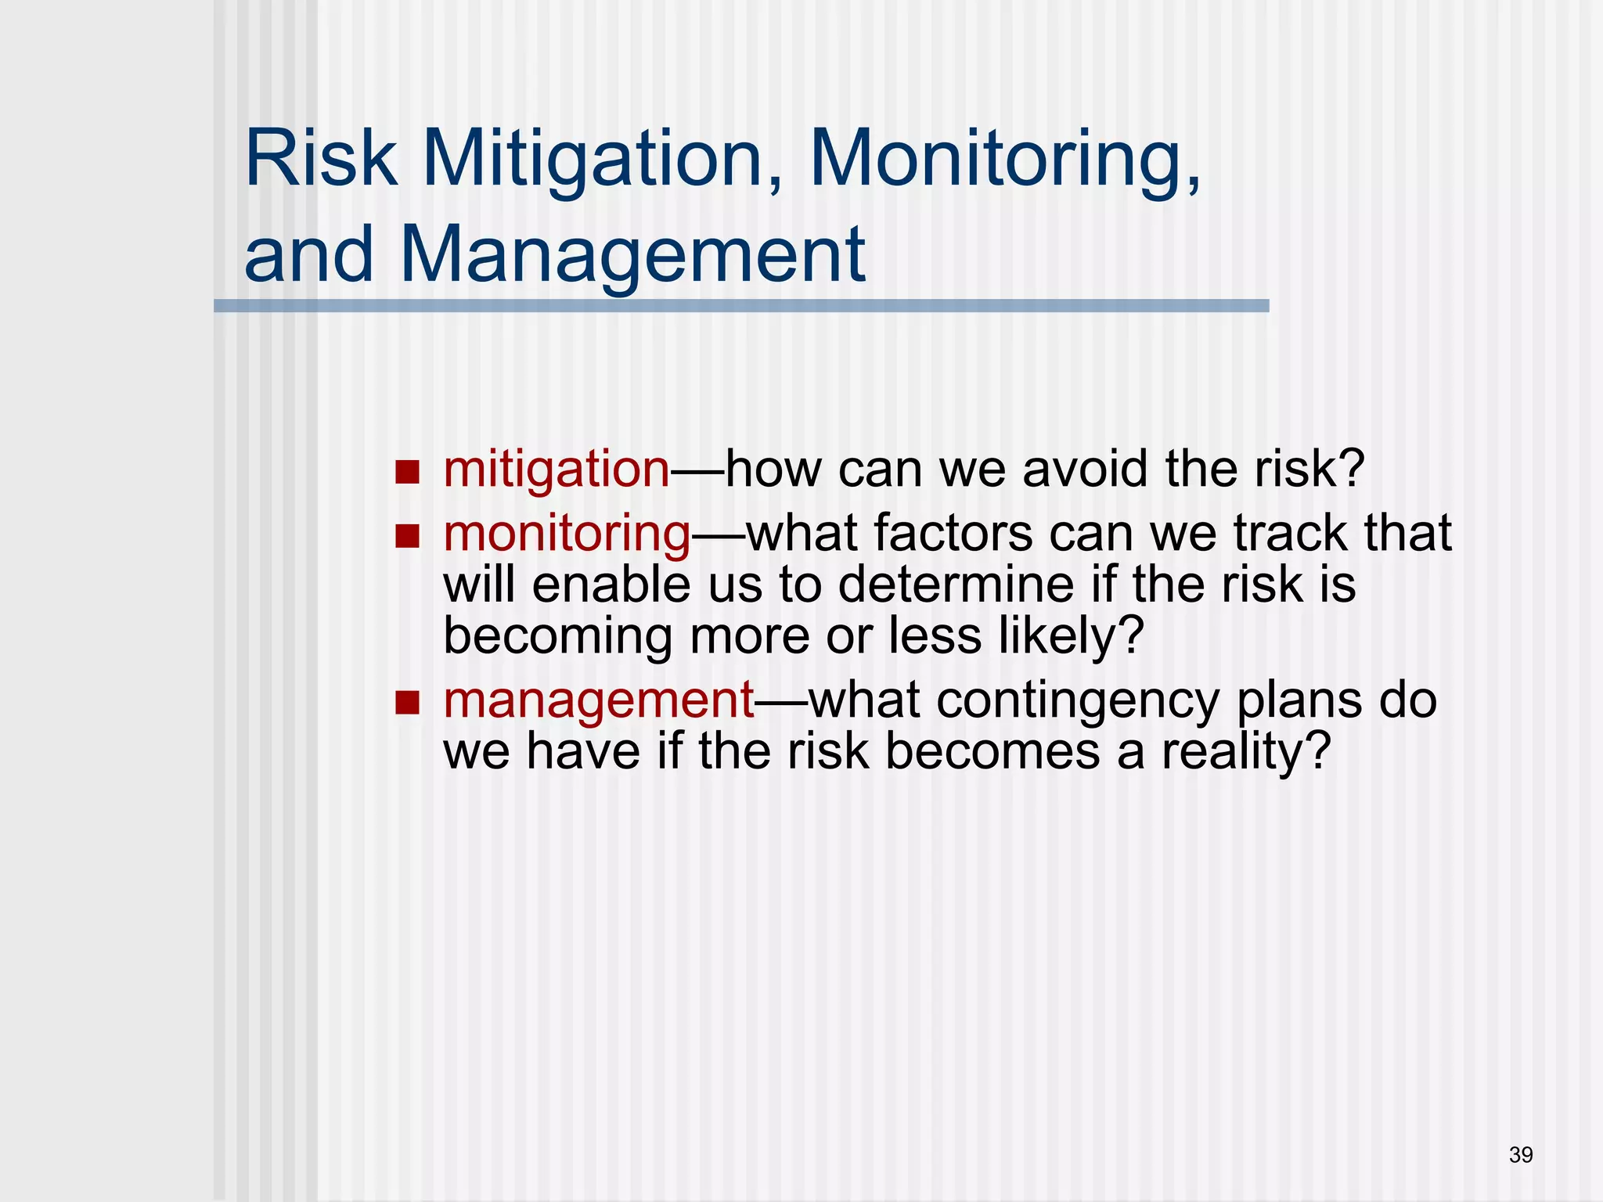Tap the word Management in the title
tap(632, 254)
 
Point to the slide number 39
tap(1521, 1155)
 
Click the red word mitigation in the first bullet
tap(557, 470)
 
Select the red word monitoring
tap(567, 534)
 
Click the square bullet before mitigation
tap(407, 472)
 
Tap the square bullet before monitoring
tap(407, 536)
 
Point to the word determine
tap(956, 585)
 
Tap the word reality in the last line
tap(1245, 751)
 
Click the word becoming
tap(557, 635)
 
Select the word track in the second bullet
tap(1291, 534)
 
